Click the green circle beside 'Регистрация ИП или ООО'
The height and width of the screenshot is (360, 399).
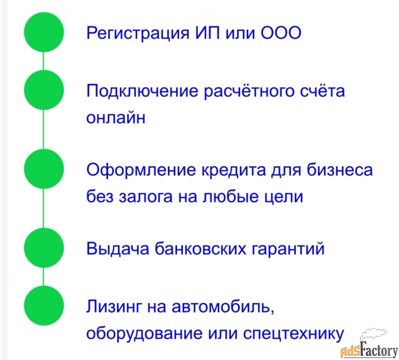(44, 32)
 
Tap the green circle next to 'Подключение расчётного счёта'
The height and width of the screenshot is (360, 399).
(44, 90)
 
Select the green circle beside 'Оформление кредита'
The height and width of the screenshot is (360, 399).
(44, 169)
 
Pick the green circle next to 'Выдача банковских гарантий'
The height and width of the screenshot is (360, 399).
(44, 247)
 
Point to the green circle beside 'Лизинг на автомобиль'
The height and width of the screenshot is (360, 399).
(44, 306)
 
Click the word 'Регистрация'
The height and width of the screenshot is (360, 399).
(138, 33)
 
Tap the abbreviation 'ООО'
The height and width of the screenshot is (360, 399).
(281, 33)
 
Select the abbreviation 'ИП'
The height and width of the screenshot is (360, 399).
(207, 33)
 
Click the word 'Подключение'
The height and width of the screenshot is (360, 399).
(142, 91)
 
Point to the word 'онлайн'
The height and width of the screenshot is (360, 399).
(116, 118)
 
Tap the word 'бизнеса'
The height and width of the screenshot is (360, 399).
(340, 169)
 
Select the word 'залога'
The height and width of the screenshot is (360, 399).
(146, 197)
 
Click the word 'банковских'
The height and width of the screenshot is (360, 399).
(200, 248)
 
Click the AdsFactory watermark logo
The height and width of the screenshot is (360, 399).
(369, 344)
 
